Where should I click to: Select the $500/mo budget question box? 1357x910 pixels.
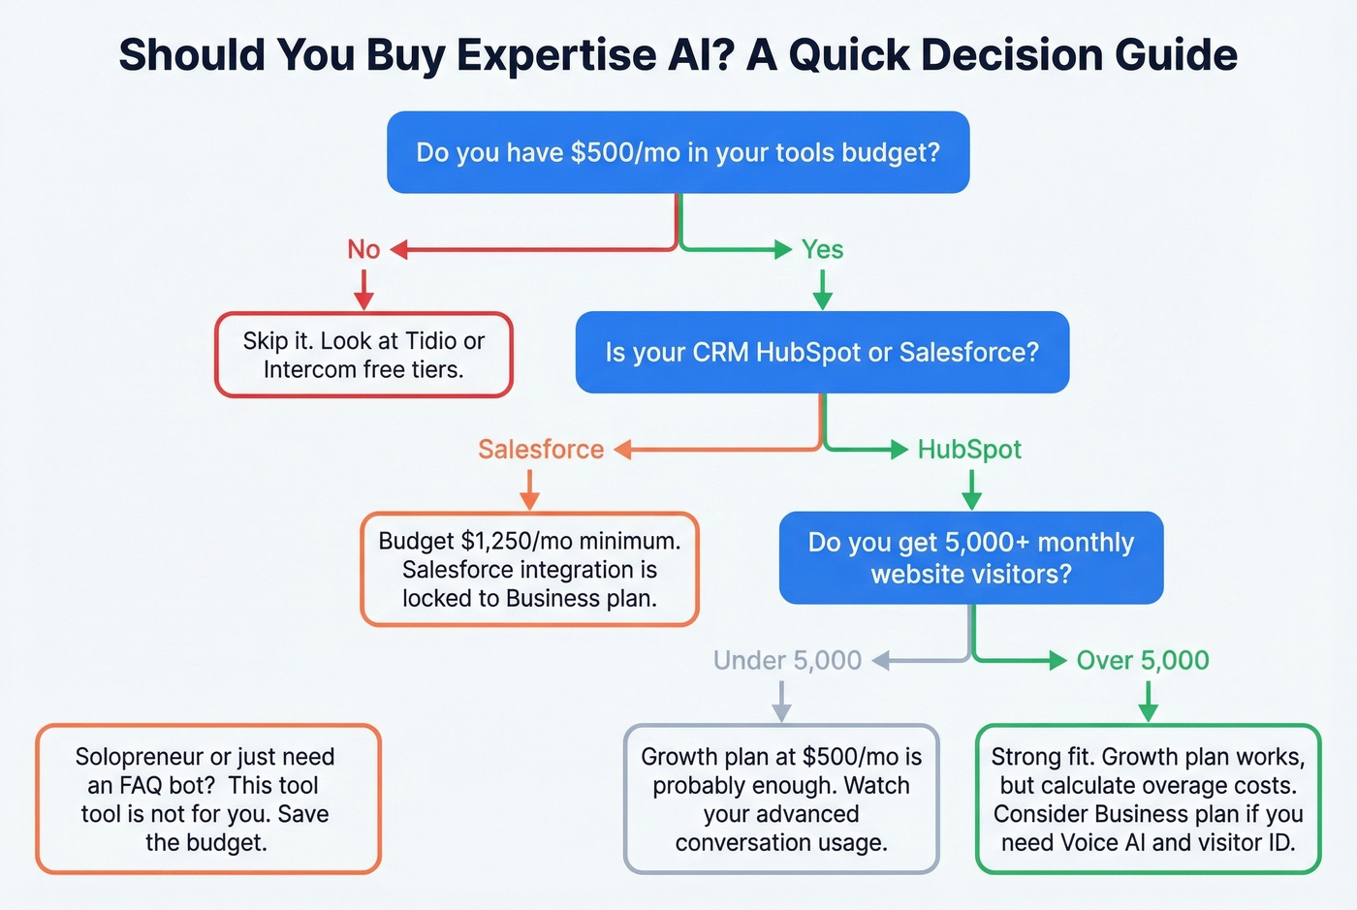tap(678, 152)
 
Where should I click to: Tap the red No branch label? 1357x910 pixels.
tap(363, 250)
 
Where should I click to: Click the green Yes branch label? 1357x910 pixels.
tap(822, 250)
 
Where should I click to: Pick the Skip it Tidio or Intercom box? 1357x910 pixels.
tap(363, 355)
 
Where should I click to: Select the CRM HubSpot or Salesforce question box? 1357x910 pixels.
tap(822, 352)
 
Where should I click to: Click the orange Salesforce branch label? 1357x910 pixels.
tap(541, 450)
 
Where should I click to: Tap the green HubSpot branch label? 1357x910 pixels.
tap(969, 450)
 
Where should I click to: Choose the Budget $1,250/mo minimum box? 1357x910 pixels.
tap(529, 569)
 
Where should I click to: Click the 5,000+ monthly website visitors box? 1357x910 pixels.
tap(971, 557)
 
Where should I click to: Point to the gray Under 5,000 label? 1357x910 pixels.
tap(787, 661)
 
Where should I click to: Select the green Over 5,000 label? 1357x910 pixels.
tap(1143, 661)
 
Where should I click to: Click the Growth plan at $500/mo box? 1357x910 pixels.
tap(781, 799)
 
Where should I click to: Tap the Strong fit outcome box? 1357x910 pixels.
tap(1148, 799)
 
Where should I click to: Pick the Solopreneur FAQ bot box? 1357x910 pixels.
tap(207, 799)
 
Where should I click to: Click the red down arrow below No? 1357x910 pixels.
tap(363, 289)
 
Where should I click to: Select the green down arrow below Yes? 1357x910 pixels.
tap(822, 289)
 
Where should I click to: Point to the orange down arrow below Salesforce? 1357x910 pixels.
tap(529, 489)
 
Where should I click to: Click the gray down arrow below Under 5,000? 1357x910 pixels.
tap(782, 701)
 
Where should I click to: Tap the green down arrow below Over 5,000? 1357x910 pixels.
tap(1148, 701)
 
